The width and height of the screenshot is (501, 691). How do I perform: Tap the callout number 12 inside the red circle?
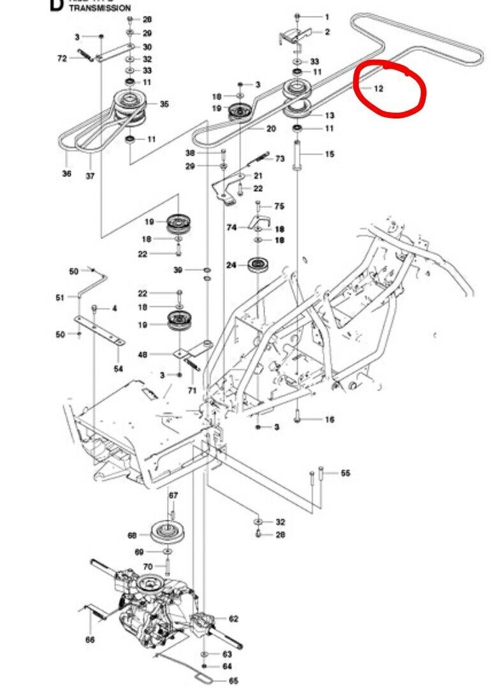(x=379, y=89)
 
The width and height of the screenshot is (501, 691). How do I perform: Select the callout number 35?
(x=164, y=104)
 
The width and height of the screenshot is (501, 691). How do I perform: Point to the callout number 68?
(x=133, y=535)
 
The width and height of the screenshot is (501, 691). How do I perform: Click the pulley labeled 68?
(x=169, y=530)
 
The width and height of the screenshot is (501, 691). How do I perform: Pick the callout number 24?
(x=232, y=264)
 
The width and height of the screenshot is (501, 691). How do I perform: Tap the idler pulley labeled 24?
(x=258, y=264)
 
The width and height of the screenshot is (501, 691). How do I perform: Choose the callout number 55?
(x=345, y=473)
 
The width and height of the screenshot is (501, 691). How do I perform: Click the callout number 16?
(x=330, y=419)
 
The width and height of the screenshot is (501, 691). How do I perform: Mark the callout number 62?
(x=233, y=618)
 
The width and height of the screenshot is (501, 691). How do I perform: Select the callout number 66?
(x=89, y=639)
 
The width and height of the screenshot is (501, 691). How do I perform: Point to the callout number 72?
(x=62, y=59)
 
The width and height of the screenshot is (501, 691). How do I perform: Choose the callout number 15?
(x=329, y=154)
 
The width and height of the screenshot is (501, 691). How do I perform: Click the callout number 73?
(x=280, y=159)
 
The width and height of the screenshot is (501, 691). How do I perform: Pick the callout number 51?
(x=61, y=297)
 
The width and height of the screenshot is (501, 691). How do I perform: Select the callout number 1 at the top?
(x=327, y=17)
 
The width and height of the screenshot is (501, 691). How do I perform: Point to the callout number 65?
(x=233, y=681)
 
